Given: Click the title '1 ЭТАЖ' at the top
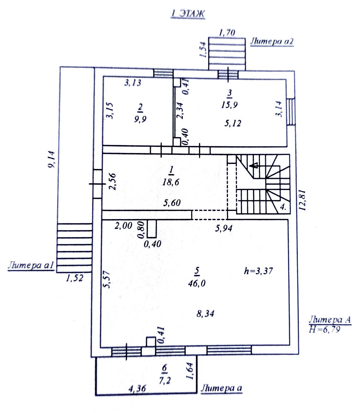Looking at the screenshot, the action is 188,14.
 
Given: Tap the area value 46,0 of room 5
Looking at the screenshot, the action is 197,283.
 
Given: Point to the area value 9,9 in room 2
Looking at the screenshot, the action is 140,119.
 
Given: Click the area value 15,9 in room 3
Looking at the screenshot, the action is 229,105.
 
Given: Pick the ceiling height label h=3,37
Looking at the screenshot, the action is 258,271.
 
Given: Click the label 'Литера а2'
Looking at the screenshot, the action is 271,41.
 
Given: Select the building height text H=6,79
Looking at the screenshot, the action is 325,330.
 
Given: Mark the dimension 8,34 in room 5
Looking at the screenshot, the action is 205,314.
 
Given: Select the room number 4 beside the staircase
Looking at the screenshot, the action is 283,207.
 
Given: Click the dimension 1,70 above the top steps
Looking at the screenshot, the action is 227,32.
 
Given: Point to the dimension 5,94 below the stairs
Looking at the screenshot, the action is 224,228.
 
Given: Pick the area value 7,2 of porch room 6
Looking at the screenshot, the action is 164,381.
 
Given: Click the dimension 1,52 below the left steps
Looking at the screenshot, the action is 75,278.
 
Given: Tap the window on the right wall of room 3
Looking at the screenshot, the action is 291,112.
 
